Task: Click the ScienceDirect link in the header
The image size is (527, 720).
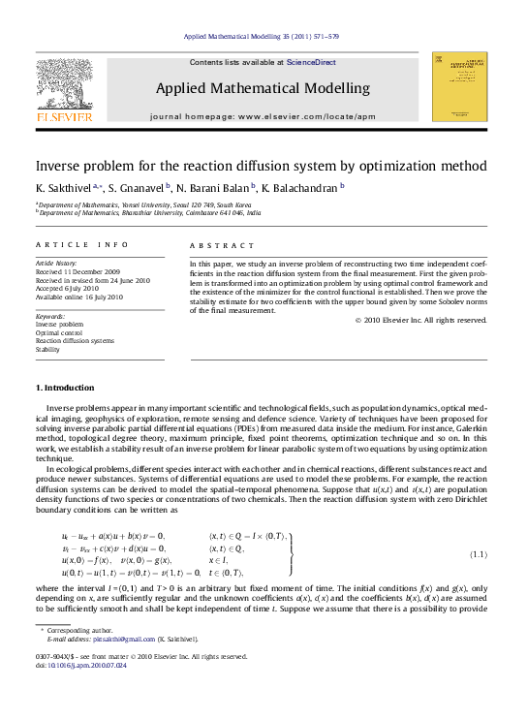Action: (311, 62)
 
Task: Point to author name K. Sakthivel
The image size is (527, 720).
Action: (64, 188)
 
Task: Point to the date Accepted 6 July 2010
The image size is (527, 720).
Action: (67, 288)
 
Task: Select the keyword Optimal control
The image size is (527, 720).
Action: (58, 332)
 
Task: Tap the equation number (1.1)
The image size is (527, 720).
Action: (477, 554)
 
